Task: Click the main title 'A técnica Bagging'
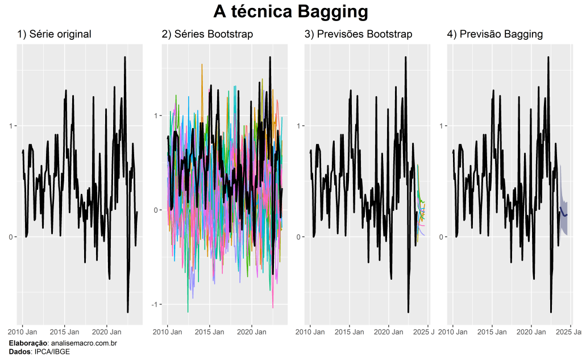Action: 290,11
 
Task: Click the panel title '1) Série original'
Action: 54,34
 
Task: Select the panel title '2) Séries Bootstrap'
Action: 207,34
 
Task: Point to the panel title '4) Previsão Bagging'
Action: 494,34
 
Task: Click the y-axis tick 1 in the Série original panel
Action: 13,126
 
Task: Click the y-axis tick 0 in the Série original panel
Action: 13,237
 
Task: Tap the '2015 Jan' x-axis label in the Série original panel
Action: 65,332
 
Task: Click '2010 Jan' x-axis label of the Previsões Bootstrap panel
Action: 310,332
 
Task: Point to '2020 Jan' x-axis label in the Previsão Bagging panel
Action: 532,332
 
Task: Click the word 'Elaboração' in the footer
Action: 28,344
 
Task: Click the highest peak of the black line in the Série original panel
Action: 124,57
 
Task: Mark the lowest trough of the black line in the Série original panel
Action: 128,312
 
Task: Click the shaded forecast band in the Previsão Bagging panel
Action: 563,219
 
